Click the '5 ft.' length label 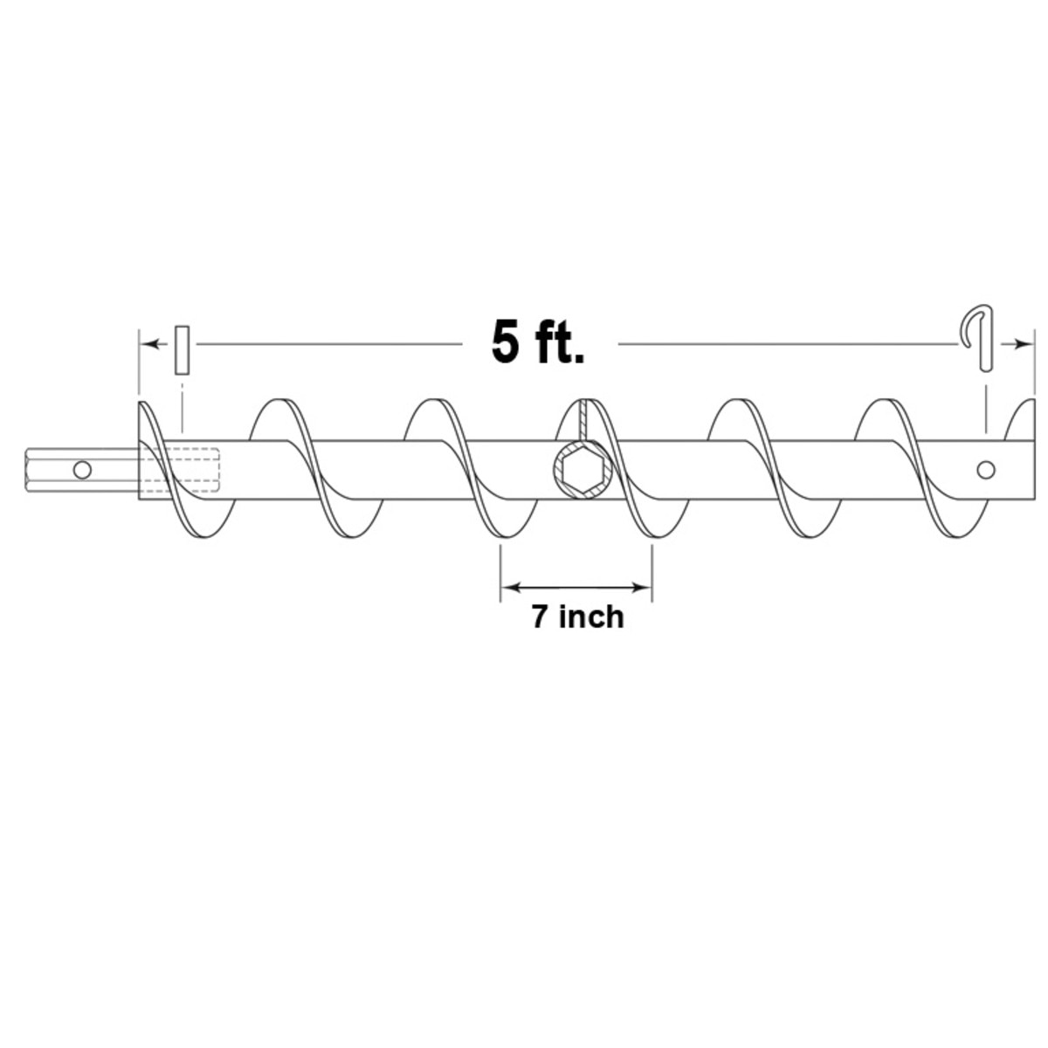[x=538, y=342]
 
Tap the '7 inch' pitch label [x=577, y=617]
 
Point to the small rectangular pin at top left [x=182, y=349]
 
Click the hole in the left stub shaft [x=82, y=470]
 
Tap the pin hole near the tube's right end [x=986, y=470]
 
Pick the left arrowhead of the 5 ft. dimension [x=149, y=345]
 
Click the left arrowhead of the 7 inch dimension [x=510, y=587]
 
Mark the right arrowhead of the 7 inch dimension [x=644, y=587]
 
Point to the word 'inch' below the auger [x=591, y=617]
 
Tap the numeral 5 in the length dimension [x=505, y=342]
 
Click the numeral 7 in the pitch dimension [x=540, y=617]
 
